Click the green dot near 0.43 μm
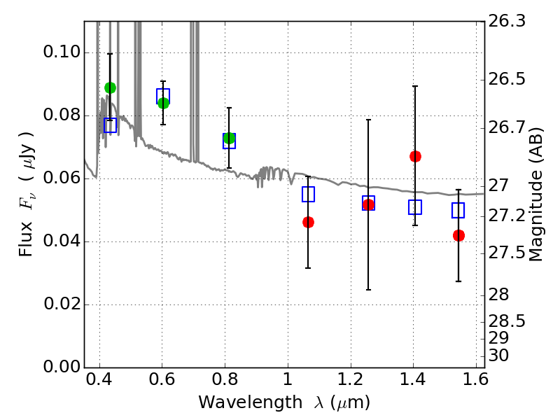click(110, 87)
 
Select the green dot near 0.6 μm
click(163, 103)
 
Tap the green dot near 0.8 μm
click(230, 138)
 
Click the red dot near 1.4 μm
click(415, 156)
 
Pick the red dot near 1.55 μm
click(458, 236)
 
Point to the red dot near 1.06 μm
click(308, 223)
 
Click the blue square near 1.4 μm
click(415, 207)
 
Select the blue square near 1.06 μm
click(308, 195)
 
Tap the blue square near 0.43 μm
click(110, 125)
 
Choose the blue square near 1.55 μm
click(458, 211)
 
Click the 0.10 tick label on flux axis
click(62, 52)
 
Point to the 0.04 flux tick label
click(62, 241)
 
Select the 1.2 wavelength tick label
click(350, 379)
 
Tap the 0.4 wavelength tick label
click(99, 379)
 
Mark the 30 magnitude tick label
click(498, 356)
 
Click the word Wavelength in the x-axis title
click(251, 402)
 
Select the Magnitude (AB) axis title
click(535, 195)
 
